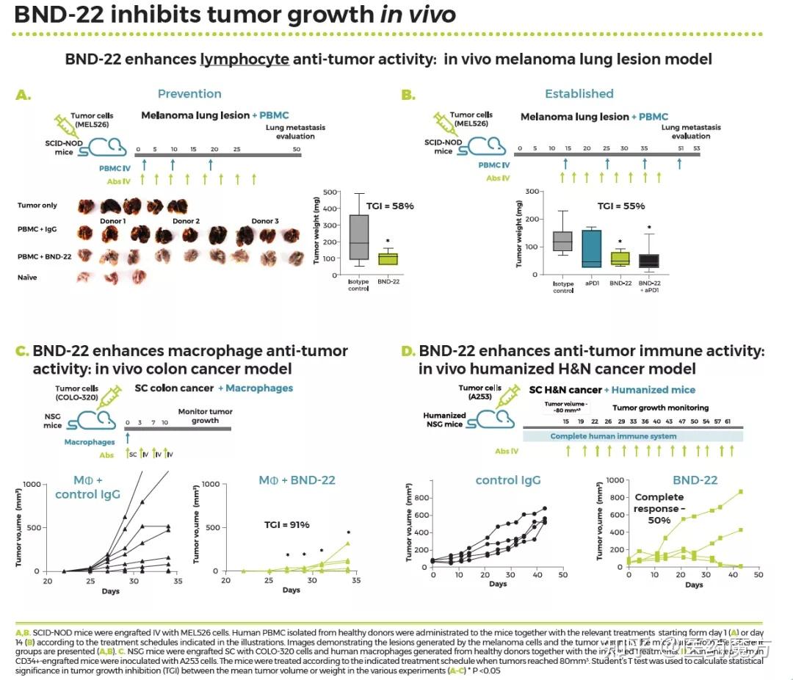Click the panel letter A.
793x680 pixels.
tap(24, 95)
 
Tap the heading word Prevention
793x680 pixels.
tap(189, 94)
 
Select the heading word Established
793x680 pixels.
tap(579, 94)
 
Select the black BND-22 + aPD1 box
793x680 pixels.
tap(648, 260)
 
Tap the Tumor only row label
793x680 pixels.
tap(37, 206)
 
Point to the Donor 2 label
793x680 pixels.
tap(186, 221)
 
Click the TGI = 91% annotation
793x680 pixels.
tap(287, 524)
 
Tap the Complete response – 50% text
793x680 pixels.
tap(659, 508)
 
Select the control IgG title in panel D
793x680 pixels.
tap(508, 480)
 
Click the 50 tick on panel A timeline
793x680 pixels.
tap(297, 150)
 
